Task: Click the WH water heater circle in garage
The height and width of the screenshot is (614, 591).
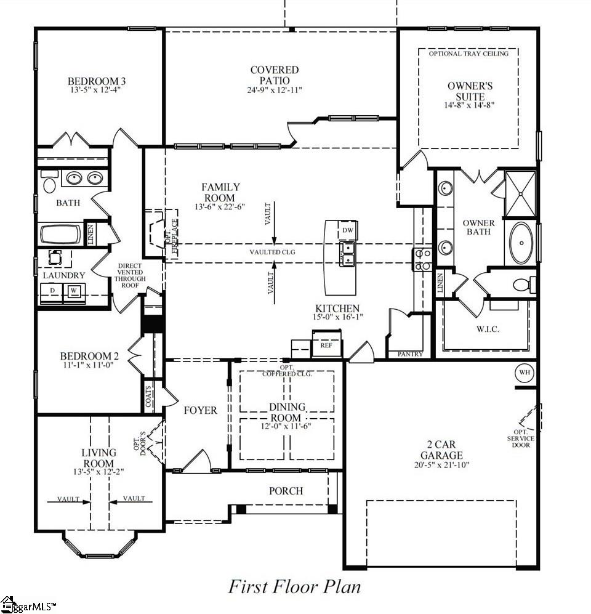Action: pos(525,372)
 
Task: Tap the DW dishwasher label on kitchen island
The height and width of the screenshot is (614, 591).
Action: pos(348,230)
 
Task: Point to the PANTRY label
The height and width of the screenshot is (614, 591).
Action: pos(410,354)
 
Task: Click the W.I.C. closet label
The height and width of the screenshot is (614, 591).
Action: pos(488,329)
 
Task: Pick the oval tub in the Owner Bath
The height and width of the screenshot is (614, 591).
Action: pos(521,243)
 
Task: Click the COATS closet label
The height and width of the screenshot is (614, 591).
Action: pos(148,396)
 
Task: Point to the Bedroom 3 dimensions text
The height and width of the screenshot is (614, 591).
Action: pos(95,90)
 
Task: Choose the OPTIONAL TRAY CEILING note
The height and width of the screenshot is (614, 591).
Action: pos(468,54)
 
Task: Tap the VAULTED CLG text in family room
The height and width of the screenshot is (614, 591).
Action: pos(272,252)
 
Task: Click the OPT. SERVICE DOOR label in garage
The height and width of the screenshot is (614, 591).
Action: pos(521,438)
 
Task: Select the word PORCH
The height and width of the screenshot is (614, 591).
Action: pos(286,491)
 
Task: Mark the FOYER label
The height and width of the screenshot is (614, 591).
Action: pos(201,410)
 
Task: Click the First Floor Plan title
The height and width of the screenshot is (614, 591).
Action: pos(294,587)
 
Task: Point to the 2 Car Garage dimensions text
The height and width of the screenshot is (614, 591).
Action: pos(441,465)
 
